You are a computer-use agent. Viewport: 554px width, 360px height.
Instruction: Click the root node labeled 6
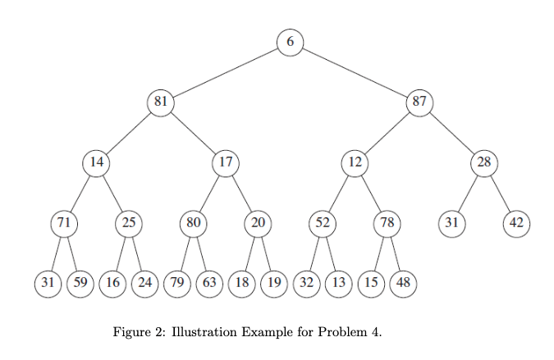(290, 42)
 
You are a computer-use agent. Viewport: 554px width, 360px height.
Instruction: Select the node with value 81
(161, 103)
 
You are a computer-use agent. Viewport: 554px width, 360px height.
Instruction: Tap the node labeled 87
(419, 103)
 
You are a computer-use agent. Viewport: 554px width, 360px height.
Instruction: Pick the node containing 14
(97, 162)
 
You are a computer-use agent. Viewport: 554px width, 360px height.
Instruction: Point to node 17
(225, 162)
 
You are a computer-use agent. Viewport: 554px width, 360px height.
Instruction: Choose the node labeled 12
(355, 162)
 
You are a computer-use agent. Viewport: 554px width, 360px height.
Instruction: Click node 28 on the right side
(483, 162)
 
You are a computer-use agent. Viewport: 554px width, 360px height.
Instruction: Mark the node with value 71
(63, 222)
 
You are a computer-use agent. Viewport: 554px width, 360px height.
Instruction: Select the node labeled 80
(193, 222)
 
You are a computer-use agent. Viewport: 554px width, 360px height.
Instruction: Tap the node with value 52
(323, 222)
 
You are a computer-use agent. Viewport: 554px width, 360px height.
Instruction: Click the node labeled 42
(516, 222)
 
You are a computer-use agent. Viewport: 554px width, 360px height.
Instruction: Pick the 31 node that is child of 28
(451, 222)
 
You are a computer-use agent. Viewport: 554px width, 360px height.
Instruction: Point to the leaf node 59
(80, 283)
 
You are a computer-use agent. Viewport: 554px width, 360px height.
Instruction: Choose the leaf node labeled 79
(176, 283)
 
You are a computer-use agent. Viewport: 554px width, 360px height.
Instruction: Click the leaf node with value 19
(273, 283)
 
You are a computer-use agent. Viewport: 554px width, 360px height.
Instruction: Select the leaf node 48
(403, 283)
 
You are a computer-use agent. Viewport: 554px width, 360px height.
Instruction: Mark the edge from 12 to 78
(371, 193)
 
